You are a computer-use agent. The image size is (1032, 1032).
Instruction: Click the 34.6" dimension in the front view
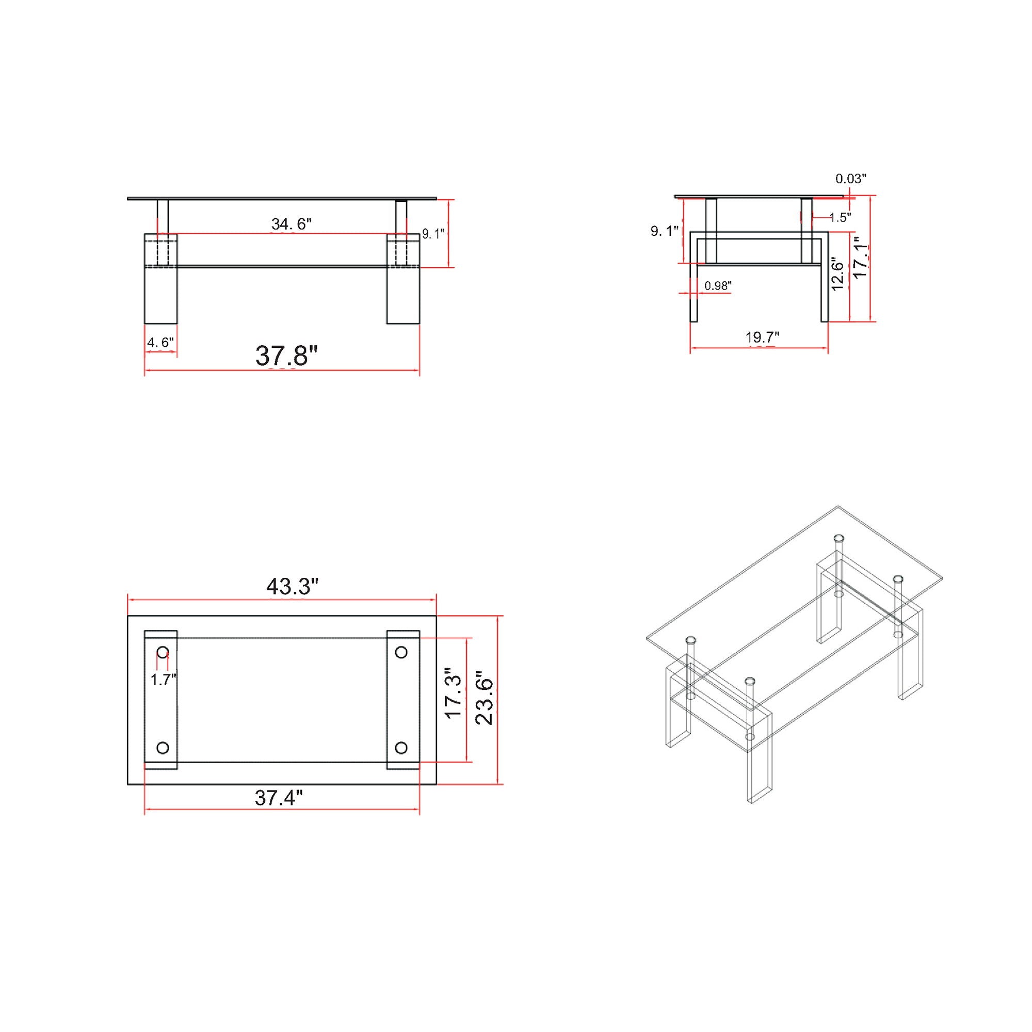point(291,224)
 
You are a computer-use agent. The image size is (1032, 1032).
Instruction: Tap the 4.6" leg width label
point(160,343)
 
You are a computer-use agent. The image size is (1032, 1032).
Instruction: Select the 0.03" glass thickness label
point(851,179)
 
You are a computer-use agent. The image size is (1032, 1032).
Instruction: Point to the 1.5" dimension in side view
point(840,217)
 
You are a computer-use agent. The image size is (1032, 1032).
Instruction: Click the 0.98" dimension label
point(717,286)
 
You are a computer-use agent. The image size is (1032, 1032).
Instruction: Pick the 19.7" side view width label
point(762,337)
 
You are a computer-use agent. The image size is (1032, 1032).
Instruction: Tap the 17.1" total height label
point(860,257)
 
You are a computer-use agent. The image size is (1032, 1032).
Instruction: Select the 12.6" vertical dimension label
point(837,275)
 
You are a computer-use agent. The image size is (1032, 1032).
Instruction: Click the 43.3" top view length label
point(292,587)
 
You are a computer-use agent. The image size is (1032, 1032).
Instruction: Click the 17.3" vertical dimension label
point(454,695)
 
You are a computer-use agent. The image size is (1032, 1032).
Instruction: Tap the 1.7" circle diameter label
point(163,680)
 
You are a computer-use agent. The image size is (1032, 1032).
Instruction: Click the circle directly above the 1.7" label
point(163,652)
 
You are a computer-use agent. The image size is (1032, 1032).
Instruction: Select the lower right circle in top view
point(401,747)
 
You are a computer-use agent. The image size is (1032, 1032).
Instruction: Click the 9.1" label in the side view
point(664,231)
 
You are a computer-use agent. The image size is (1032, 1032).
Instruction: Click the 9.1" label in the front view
point(433,234)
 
